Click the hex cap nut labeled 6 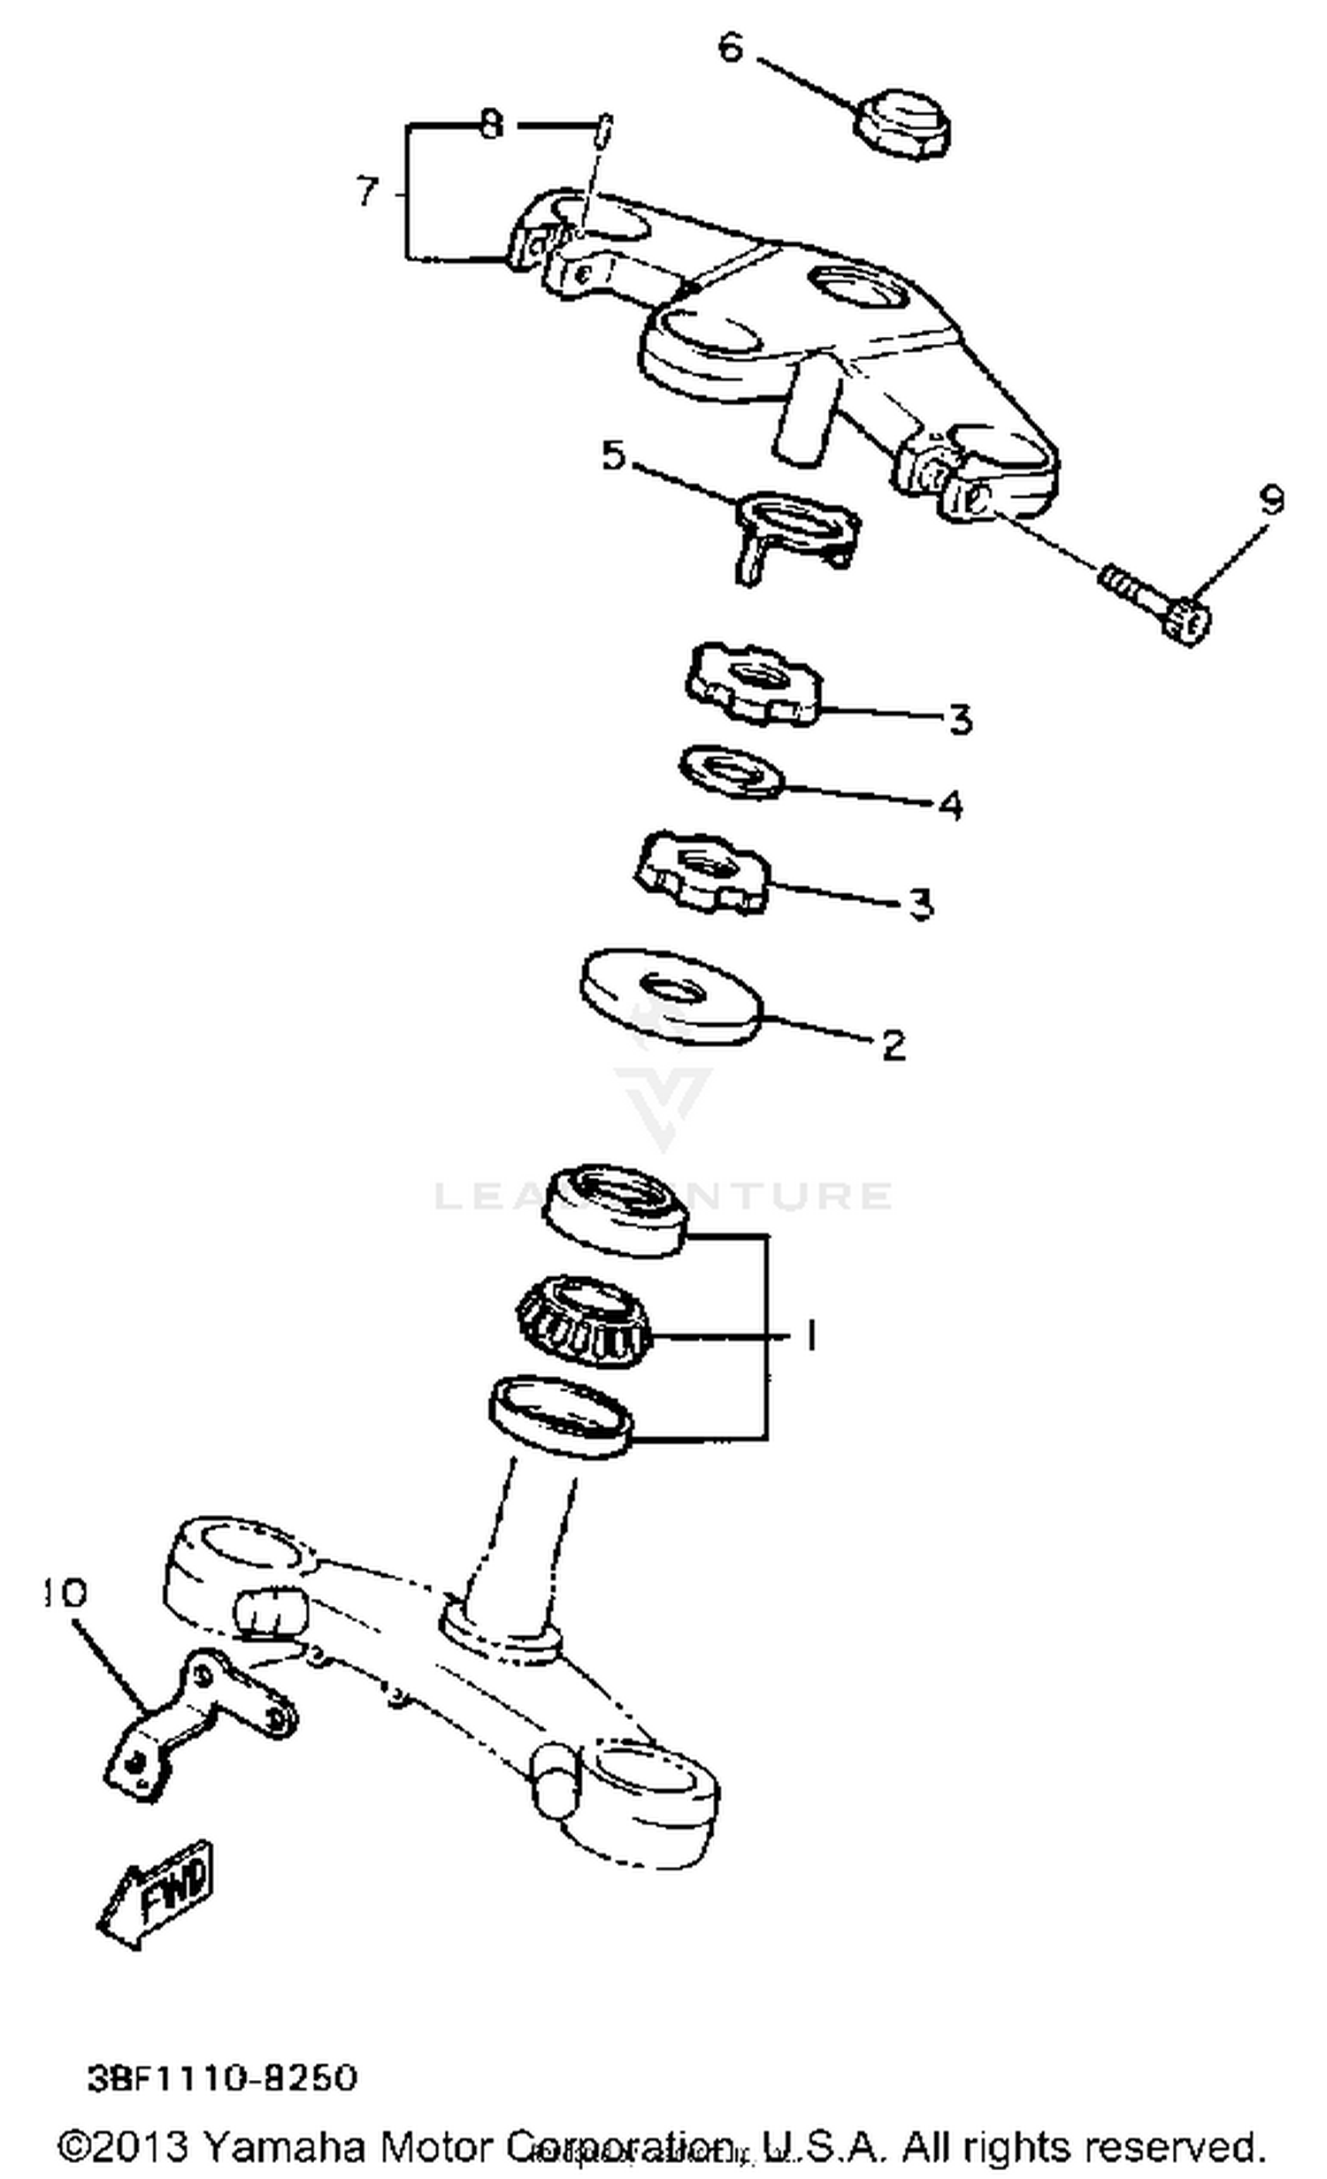903,126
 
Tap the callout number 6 730,48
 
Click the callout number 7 368,191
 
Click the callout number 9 1271,501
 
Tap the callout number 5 613,456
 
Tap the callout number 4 949,805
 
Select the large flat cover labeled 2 671,996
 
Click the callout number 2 894,1045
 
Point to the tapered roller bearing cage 585,1322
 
